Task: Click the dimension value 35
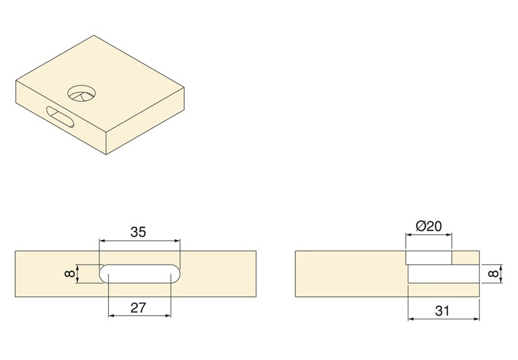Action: click(138, 232)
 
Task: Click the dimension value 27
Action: click(138, 307)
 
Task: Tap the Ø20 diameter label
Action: click(429, 226)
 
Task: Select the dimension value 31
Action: click(442, 310)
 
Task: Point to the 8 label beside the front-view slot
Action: click(70, 274)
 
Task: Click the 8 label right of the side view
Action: click(495, 274)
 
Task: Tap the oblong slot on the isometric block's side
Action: click(60, 117)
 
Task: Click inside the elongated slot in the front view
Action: click(140, 274)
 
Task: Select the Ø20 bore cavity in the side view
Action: click(429, 258)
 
